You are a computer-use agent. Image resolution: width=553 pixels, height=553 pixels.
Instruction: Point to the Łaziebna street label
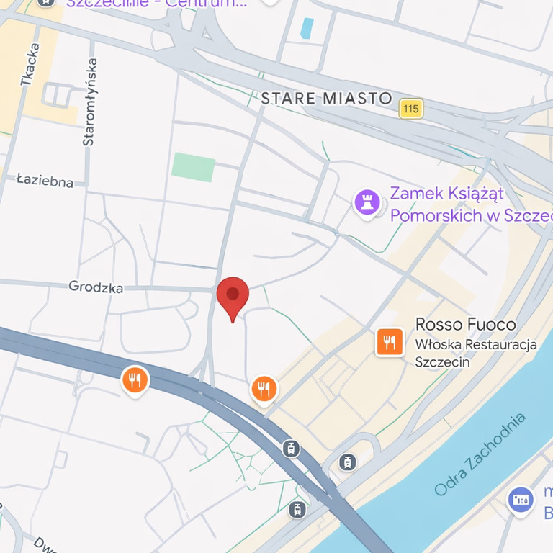tap(45, 180)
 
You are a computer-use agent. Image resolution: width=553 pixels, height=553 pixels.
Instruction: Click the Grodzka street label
tap(96, 287)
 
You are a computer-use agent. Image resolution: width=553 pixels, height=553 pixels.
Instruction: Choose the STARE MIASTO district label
tap(326, 99)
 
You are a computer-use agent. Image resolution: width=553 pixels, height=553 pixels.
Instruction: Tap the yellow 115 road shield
tap(411, 109)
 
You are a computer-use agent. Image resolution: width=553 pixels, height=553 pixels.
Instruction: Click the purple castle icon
tap(367, 202)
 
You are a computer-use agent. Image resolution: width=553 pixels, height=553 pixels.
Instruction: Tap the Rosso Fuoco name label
tap(465, 325)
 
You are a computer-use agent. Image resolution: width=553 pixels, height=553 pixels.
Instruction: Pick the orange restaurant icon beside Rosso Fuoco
tap(390, 342)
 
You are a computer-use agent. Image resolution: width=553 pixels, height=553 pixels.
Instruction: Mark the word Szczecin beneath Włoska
tap(442, 361)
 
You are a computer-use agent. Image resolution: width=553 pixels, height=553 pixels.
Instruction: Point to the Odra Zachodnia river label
tap(480, 454)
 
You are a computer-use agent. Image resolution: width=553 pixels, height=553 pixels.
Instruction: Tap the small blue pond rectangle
tap(307, 28)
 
